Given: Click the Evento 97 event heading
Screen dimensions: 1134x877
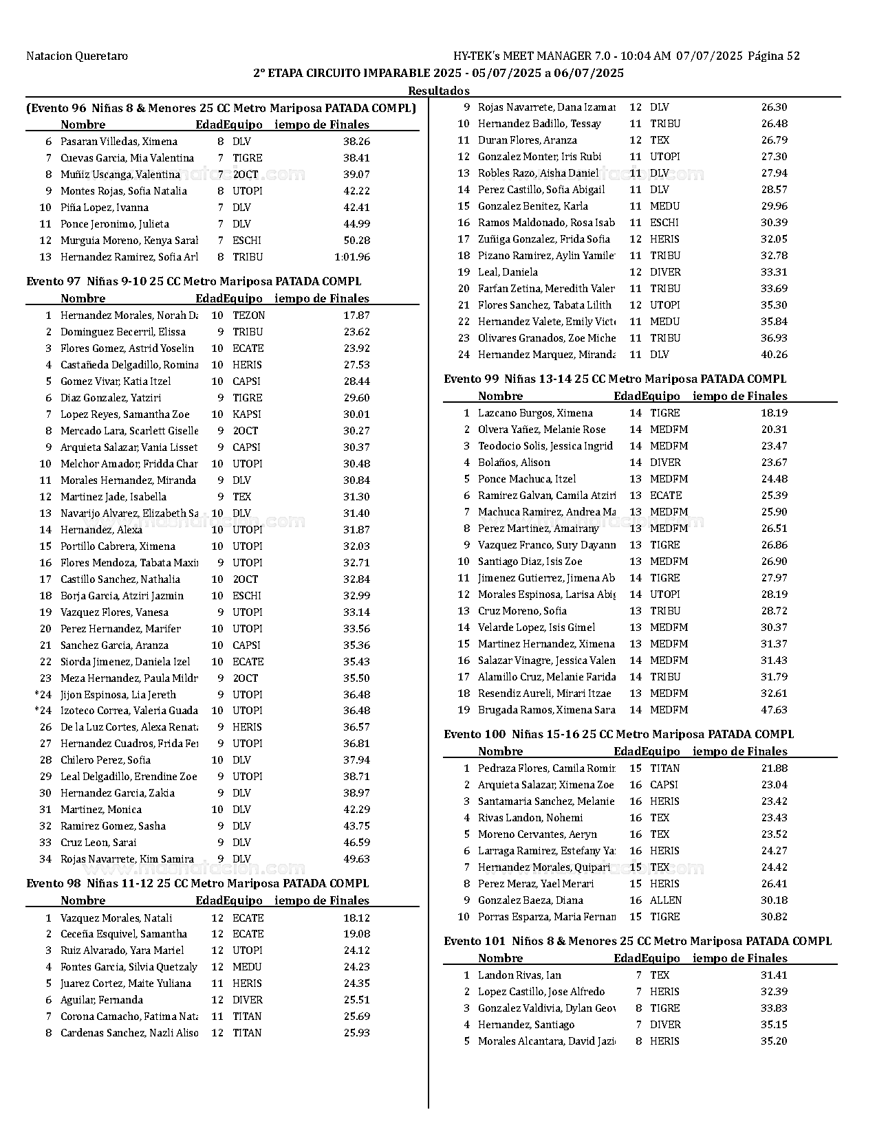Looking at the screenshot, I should [193, 281].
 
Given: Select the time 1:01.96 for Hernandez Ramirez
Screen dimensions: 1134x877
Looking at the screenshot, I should [351, 257].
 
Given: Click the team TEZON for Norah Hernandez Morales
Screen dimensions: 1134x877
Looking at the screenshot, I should [248, 315].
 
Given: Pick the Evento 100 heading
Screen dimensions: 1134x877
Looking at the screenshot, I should [618, 734].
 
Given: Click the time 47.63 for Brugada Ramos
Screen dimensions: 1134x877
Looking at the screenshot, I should [774, 710].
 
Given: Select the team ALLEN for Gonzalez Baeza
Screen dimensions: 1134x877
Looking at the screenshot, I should [665, 900].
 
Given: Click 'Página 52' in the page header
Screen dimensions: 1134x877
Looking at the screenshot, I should [773, 56].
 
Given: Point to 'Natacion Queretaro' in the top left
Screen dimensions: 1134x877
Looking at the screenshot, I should [77, 56].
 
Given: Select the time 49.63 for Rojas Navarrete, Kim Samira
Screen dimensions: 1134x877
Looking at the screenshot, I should [356, 859].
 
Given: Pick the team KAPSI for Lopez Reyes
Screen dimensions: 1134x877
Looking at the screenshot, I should [246, 414].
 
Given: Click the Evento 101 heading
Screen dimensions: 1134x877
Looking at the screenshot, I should [637, 941].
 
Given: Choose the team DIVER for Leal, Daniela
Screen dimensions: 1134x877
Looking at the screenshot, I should [665, 272].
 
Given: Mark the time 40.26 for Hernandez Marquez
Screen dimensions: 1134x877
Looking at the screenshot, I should [774, 355].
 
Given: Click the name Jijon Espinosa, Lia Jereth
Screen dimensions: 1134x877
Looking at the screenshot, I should [118, 695].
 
